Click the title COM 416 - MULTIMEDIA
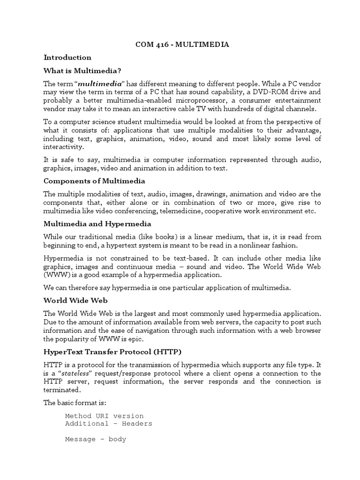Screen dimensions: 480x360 click(183, 45)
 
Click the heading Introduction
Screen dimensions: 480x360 click(67, 57)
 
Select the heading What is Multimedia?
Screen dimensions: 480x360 click(82, 71)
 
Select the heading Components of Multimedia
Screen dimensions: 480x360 click(94, 181)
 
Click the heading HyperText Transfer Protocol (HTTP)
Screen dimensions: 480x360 click(112, 352)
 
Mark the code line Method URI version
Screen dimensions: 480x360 click(105, 416)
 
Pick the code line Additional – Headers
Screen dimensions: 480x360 click(109, 424)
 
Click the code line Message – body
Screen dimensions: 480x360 click(96, 440)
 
